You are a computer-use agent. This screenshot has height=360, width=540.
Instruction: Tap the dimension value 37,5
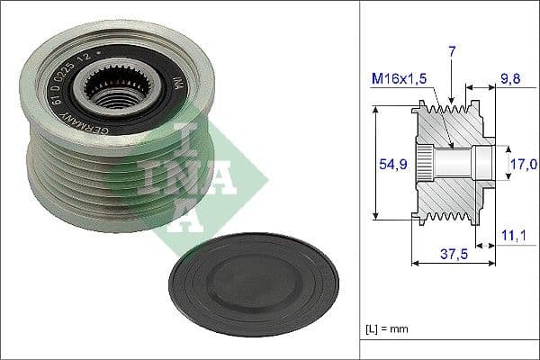(x=453, y=254)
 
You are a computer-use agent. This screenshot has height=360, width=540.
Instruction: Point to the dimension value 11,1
(x=514, y=234)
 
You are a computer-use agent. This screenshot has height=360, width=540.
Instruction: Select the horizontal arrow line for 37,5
(x=453, y=263)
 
